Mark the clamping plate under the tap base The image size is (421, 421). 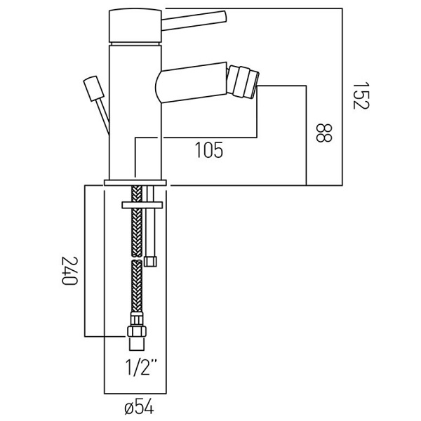click(142, 204)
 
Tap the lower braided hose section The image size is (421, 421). click(135, 291)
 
